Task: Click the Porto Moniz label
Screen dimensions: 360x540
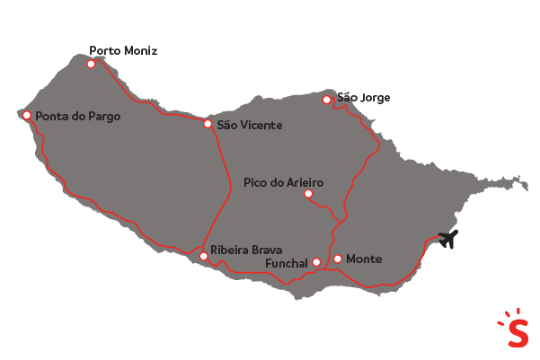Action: click(123, 51)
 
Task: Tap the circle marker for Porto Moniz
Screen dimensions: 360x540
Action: click(91, 64)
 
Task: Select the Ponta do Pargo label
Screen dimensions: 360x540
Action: click(77, 116)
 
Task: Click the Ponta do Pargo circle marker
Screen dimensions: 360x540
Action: click(27, 115)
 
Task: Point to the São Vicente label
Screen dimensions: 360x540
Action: click(250, 125)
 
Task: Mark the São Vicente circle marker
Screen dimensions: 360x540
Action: click(208, 124)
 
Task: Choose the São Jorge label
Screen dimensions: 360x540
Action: click(363, 98)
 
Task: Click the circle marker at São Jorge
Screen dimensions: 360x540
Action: click(328, 100)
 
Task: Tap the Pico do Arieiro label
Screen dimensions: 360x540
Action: click(283, 182)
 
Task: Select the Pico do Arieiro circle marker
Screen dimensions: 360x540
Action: click(307, 193)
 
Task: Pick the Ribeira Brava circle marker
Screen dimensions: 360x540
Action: click(204, 256)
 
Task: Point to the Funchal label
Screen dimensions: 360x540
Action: click(287, 263)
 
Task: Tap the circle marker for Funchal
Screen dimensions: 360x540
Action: click(316, 262)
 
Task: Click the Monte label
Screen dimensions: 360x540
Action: click(364, 259)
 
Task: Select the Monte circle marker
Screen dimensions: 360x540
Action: click(337, 259)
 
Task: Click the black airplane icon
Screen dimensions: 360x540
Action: click(448, 239)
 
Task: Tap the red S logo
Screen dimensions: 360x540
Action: click(517, 329)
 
